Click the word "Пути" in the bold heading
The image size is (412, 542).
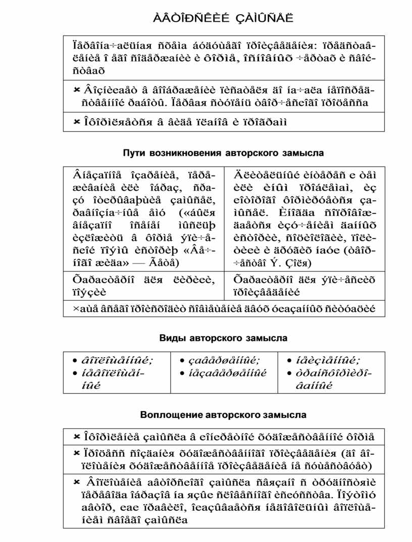click(x=134, y=153)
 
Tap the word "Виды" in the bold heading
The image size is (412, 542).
click(x=170, y=338)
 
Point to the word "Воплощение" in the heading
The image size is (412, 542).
click(x=165, y=415)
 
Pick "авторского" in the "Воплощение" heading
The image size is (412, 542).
click(x=233, y=415)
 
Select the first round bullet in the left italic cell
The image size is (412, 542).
click(x=71, y=360)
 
